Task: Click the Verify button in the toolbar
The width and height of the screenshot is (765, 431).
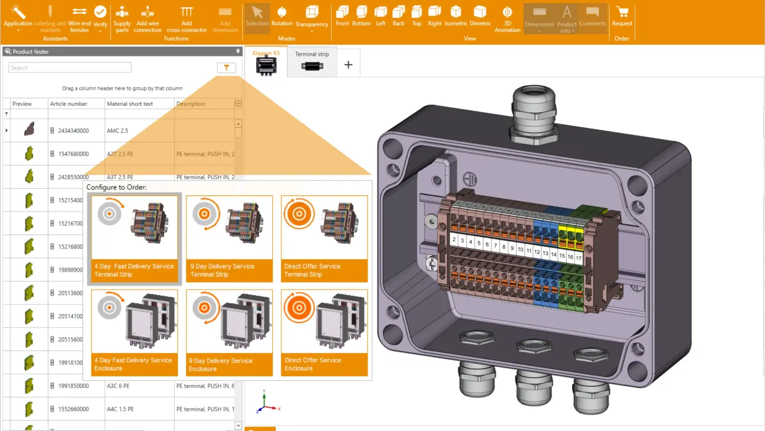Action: pos(100,17)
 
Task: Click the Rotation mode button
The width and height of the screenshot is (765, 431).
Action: pos(282,17)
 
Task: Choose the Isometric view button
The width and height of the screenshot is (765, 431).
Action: pos(456,17)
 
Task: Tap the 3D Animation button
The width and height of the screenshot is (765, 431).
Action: pos(507,19)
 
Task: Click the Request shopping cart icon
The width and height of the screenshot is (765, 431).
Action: pos(622,17)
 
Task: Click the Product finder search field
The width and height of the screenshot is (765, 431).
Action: pos(70,68)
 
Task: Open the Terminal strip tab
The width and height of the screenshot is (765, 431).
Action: pos(312,62)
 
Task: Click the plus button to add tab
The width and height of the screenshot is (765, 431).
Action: pos(348,65)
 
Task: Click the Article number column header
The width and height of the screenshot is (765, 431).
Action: pos(69,104)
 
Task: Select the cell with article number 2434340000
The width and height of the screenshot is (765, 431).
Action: pos(73,131)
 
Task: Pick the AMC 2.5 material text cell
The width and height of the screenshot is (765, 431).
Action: pos(117,131)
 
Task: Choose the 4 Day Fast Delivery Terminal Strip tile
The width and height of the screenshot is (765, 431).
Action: pos(134,238)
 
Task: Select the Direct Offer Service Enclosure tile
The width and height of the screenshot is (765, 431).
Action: pos(324,333)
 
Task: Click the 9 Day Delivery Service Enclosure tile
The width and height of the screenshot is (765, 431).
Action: pos(229,333)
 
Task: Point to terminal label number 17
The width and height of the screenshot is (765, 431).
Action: pos(578,258)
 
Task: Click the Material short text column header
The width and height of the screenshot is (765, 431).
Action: pos(130,104)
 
